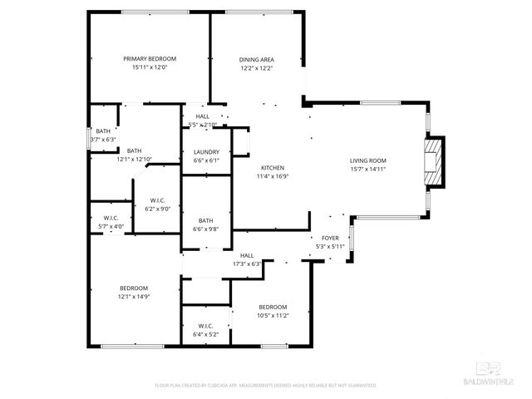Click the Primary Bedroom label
(x=150, y=59)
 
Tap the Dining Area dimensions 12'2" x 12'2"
(x=257, y=68)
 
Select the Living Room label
(x=367, y=160)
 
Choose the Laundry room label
(x=206, y=152)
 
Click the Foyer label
(x=330, y=238)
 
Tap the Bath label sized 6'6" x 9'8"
(x=205, y=220)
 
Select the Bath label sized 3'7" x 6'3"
(x=103, y=131)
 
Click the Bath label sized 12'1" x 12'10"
(x=134, y=150)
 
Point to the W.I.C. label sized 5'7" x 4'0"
(x=111, y=218)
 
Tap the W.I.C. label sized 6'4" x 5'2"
(x=206, y=325)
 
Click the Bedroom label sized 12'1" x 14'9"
(x=134, y=288)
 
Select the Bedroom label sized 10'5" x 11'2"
(x=272, y=307)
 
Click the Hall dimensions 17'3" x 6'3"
(x=247, y=264)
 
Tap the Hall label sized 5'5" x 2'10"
(x=203, y=116)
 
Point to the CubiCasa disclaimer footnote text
(x=266, y=386)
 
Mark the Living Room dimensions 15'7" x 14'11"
(x=367, y=169)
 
